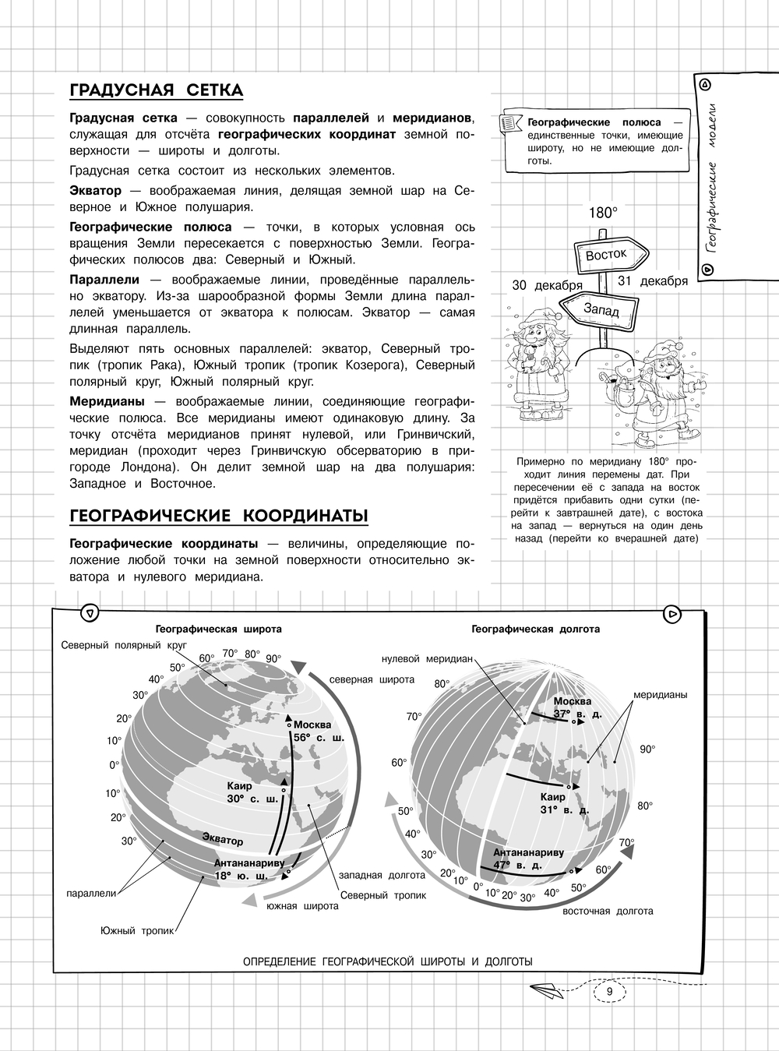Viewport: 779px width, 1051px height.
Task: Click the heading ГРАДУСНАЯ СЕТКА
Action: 156,90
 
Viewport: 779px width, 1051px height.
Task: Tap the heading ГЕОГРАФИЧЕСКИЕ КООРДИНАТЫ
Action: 218,517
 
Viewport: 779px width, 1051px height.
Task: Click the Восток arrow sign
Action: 608,255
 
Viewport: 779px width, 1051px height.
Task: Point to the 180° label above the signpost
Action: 601,212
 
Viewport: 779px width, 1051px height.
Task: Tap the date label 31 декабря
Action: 652,280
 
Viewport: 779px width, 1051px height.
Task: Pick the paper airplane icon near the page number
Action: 548,991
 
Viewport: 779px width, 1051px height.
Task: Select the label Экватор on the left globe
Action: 222,840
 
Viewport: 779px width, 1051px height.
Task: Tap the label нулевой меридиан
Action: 427,658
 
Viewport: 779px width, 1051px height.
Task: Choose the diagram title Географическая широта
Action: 218,629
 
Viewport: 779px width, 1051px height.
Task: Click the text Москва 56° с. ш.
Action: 318,731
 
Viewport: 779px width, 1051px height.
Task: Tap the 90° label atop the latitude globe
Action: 273,658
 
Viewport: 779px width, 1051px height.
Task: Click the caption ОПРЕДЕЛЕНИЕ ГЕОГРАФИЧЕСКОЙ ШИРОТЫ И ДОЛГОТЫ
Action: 388,961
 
